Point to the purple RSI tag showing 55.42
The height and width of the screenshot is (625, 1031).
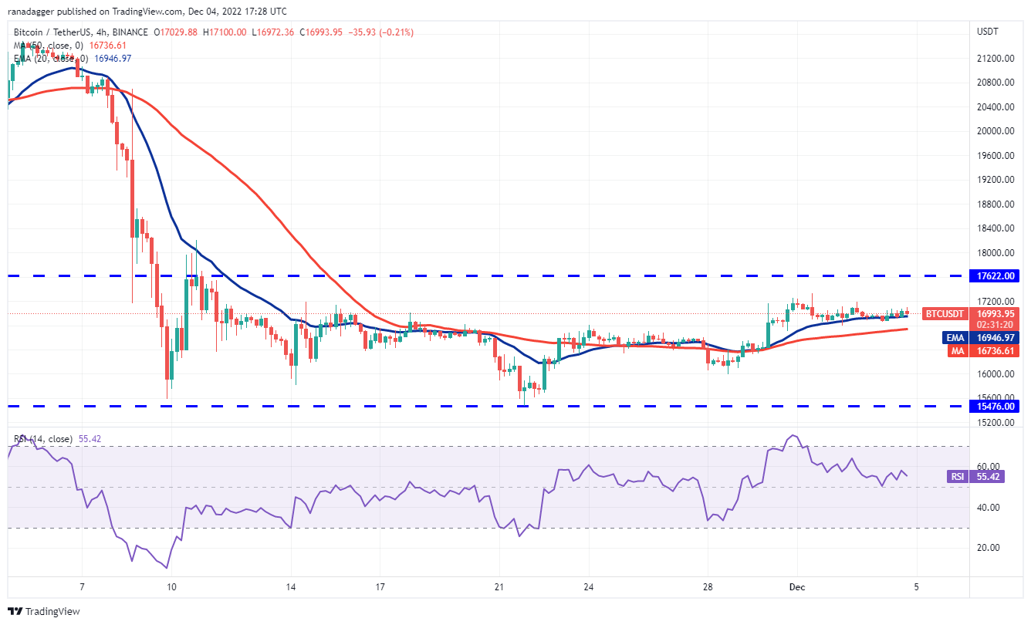click(x=958, y=477)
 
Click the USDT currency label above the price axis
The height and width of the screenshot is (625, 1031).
click(x=988, y=32)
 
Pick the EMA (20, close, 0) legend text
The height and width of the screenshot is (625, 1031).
click(x=49, y=59)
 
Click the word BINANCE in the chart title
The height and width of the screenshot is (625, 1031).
click(x=128, y=32)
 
